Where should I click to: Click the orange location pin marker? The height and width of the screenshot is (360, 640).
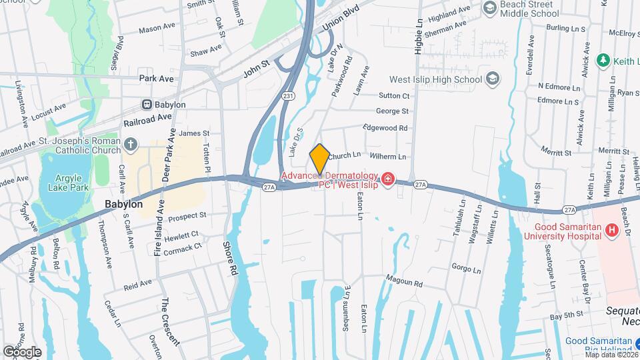(x=320, y=159)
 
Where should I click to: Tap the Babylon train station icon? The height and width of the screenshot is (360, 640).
(x=147, y=105)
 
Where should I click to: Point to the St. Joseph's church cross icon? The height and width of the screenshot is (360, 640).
(x=131, y=143)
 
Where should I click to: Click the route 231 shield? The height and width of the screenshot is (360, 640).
(x=287, y=96)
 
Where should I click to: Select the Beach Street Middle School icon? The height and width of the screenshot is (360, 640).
(x=491, y=7)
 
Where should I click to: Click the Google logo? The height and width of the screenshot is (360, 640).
(x=22, y=351)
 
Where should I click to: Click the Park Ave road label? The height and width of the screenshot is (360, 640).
(x=157, y=79)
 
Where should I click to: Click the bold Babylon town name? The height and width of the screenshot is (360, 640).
(x=124, y=204)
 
